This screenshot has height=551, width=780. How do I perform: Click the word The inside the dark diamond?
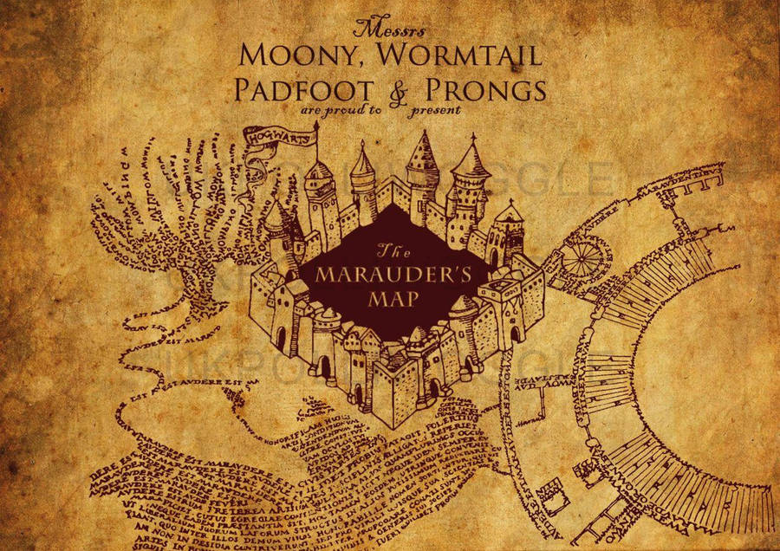pos(387,252)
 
